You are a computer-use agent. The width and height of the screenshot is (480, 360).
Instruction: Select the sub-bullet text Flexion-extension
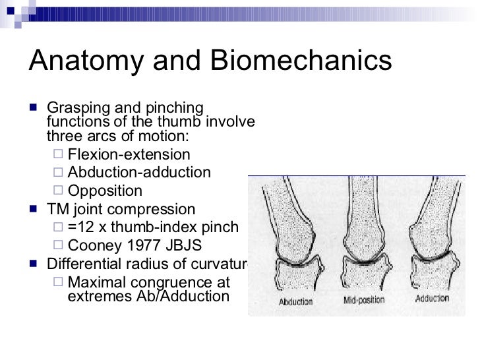(x=129, y=155)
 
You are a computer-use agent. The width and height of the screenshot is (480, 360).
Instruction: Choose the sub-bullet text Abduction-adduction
(x=140, y=173)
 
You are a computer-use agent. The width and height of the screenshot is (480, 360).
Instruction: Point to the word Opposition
(x=105, y=191)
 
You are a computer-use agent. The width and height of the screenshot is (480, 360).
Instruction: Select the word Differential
(x=82, y=264)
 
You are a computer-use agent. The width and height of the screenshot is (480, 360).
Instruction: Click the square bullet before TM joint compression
(x=34, y=210)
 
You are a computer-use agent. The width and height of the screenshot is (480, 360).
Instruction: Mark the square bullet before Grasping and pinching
(x=34, y=108)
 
